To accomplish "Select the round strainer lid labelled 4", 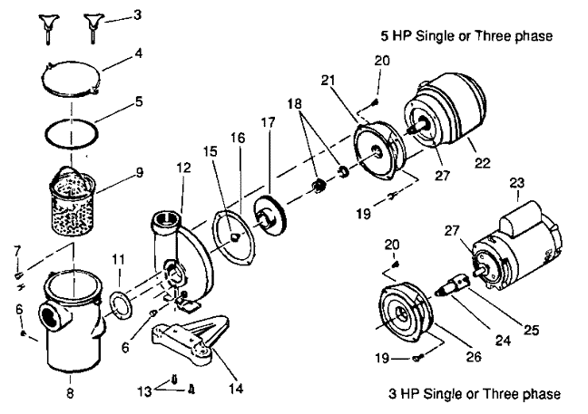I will coord(70,79).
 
